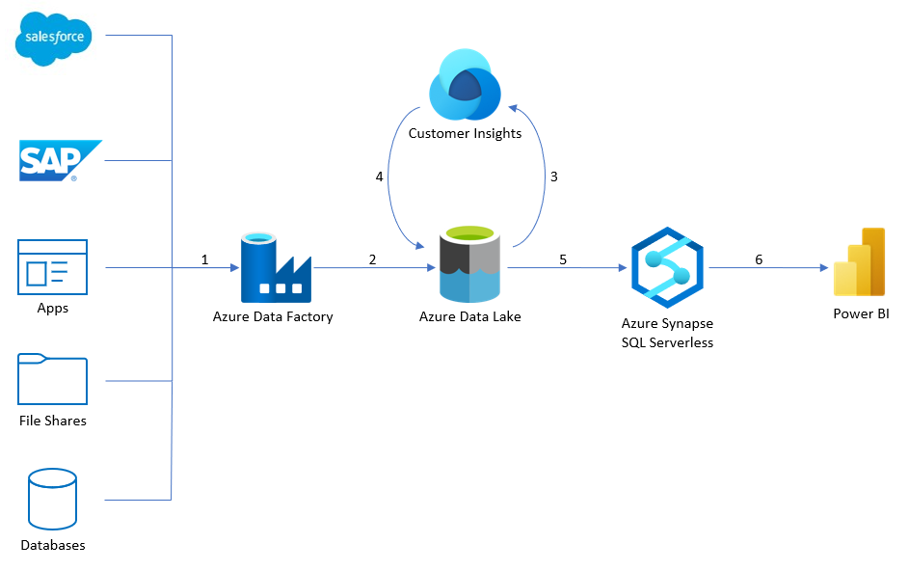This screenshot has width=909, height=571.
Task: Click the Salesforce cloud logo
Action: pyautogui.click(x=53, y=39)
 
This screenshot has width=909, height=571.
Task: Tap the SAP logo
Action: pyautogui.click(x=61, y=160)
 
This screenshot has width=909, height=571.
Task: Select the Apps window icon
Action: pyautogui.click(x=53, y=267)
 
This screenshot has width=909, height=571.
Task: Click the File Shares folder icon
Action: pyautogui.click(x=53, y=378)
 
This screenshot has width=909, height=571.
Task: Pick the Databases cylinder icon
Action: pyautogui.click(x=52, y=499)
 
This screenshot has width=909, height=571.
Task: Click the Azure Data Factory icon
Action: pyautogui.click(x=276, y=267)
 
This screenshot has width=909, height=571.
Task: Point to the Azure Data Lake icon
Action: pyautogui.click(x=469, y=264)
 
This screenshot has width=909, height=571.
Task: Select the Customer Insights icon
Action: pyautogui.click(x=465, y=85)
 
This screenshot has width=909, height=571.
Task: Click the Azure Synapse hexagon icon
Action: pyautogui.click(x=667, y=267)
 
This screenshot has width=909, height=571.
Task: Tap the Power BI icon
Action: pyautogui.click(x=860, y=262)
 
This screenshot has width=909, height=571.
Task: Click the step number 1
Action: pyautogui.click(x=204, y=259)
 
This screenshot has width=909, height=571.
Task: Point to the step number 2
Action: pyautogui.click(x=373, y=259)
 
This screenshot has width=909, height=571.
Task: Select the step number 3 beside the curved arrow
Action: pyautogui.click(x=554, y=177)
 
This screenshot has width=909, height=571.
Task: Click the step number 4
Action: pyautogui.click(x=380, y=177)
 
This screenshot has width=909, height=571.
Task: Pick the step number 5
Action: pyautogui.click(x=563, y=259)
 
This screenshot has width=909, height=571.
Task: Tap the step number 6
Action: pyautogui.click(x=759, y=259)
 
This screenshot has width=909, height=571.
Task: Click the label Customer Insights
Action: pyautogui.click(x=465, y=133)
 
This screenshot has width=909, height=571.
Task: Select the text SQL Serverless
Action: pyautogui.click(x=667, y=342)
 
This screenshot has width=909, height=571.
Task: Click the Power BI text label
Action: pyautogui.click(x=861, y=313)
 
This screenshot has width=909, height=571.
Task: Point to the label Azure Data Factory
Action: pyautogui.click(x=273, y=316)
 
